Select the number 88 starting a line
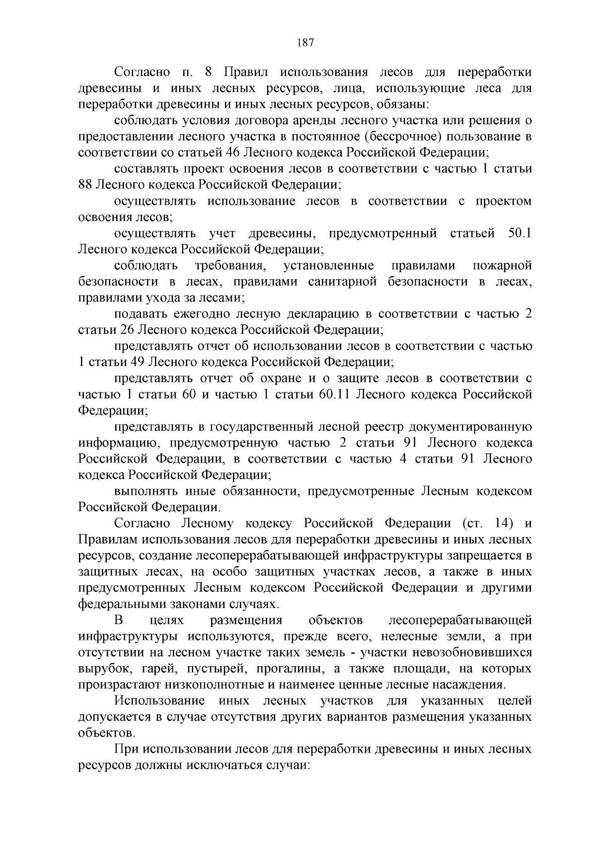tap(85, 185)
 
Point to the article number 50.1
tap(520, 233)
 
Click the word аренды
tap(342, 120)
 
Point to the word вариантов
tap(356, 717)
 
